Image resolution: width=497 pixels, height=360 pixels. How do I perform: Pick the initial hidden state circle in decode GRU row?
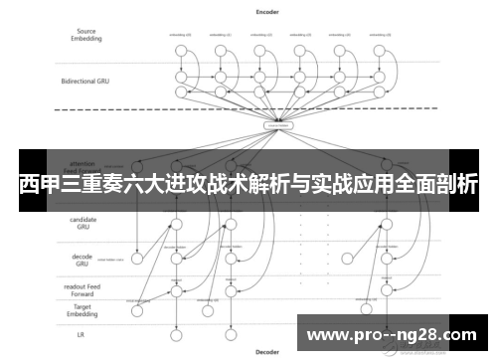tap(137, 259)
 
